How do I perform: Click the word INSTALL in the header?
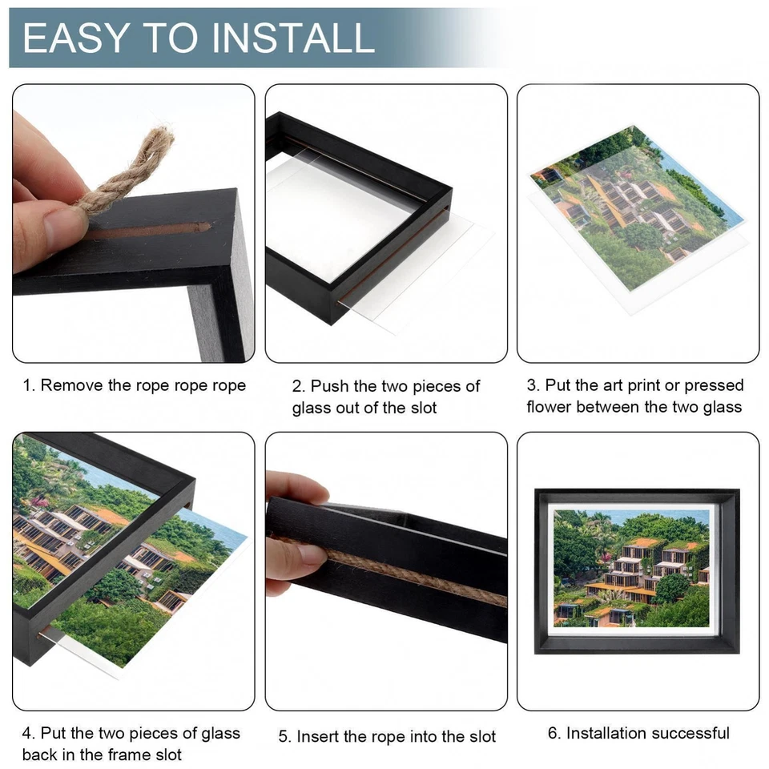coord(291,38)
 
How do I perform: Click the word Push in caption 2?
coord(328,387)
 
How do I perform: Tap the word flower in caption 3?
coord(550,407)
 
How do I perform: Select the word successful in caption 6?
coord(690,733)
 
